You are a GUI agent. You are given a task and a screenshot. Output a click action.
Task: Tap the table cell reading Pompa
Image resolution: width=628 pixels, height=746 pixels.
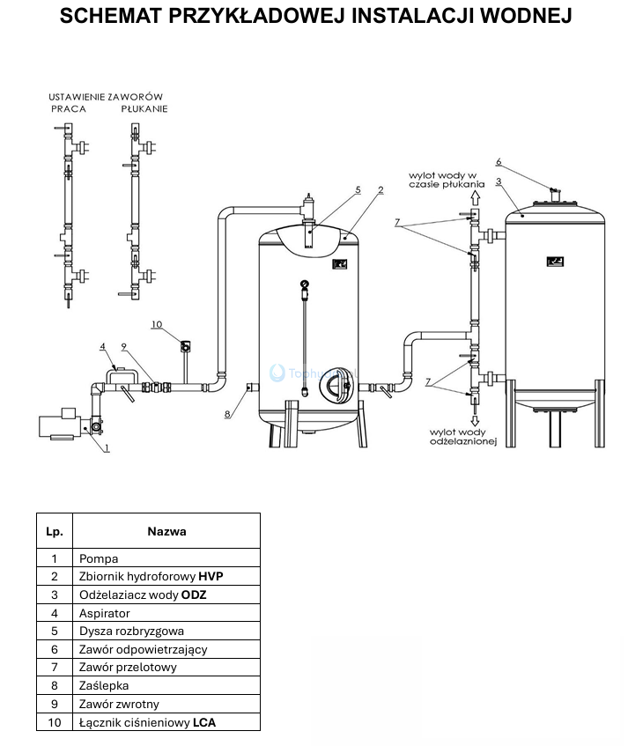[x=99, y=558]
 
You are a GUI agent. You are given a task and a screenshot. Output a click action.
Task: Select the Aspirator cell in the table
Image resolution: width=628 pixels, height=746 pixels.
[x=105, y=613]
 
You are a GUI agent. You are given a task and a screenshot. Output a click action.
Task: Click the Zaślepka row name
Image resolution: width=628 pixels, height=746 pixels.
[x=105, y=686]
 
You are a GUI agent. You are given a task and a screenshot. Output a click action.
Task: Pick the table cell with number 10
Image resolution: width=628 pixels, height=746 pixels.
[x=54, y=722]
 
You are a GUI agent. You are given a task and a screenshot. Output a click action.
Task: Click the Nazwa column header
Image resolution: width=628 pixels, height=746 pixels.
[x=166, y=531]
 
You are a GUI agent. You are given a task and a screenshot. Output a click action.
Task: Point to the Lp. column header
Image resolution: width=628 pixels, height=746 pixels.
[x=54, y=531]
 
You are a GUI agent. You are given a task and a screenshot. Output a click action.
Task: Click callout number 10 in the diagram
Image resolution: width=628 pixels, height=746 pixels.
[x=157, y=325]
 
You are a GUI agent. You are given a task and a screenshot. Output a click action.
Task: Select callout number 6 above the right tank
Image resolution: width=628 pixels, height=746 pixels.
[x=499, y=162]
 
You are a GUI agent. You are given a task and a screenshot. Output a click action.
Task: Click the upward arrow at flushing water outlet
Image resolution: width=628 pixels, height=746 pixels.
[x=474, y=199]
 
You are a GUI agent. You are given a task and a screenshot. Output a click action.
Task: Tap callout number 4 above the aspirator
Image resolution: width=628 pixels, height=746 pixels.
[x=103, y=346]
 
